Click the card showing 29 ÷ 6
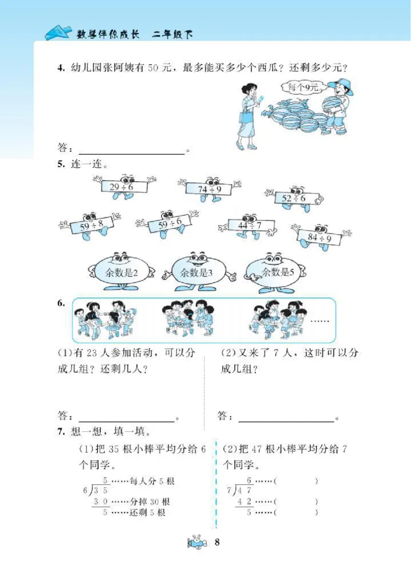122,188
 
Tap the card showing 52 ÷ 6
294,198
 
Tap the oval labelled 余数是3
196,273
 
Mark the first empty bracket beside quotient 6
295,481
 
